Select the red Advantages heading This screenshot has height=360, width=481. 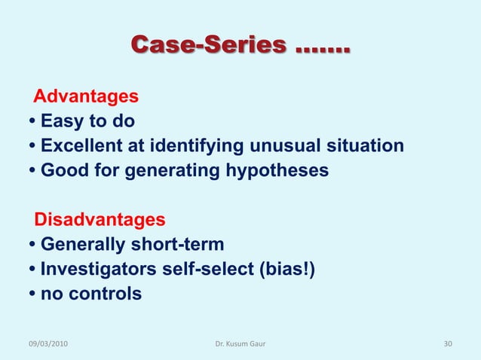(x=87, y=97)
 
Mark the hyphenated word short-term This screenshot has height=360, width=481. (x=182, y=245)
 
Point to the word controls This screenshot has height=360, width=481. (x=104, y=294)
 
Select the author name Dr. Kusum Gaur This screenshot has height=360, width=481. (x=240, y=344)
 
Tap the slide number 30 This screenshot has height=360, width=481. (x=448, y=344)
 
